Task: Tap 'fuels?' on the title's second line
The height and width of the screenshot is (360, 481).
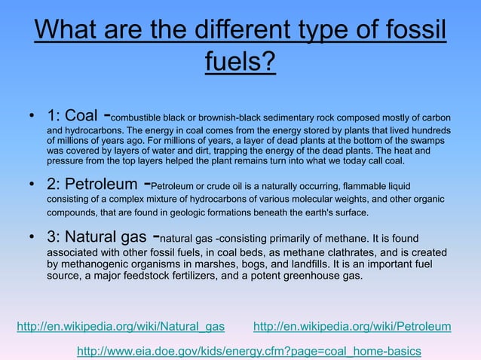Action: coord(240,61)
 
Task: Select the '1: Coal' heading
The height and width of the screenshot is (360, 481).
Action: coord(72,116)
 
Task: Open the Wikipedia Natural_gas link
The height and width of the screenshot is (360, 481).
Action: coord(121,326)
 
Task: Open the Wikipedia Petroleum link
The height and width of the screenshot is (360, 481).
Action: coord(352,326)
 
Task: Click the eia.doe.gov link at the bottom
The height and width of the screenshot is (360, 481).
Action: coord(249,351)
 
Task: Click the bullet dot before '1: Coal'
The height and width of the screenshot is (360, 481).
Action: coord(32,117)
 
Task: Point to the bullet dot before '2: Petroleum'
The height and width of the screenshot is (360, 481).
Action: coord(32,185)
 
